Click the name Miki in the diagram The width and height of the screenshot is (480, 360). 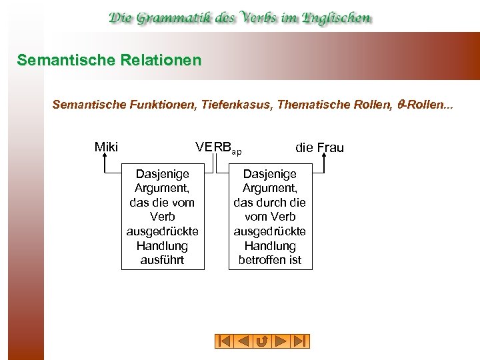point(106,147)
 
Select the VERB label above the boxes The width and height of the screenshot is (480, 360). point(212,147)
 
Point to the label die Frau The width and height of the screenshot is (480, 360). point(319,147)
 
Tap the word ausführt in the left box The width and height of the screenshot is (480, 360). point(162,260)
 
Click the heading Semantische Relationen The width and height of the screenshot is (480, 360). point(109,61)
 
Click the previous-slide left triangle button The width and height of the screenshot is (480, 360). point(243,341)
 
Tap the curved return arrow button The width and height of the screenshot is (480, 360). point(262,341)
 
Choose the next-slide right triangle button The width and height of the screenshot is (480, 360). point(281,341)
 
